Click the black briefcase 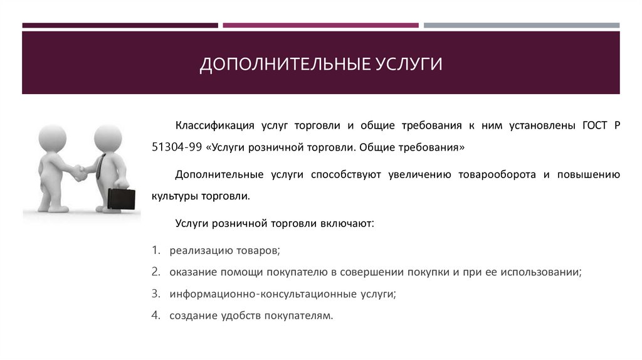tap(121, 198)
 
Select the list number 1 tap(155, 250)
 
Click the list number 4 tap(155, 315)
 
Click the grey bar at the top tap(521, 26)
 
